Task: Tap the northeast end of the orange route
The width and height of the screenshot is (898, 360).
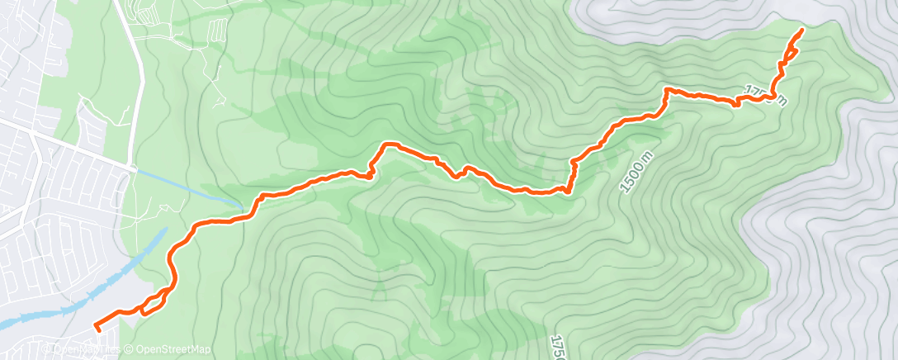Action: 802,30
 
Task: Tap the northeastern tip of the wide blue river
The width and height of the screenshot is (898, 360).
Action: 166,232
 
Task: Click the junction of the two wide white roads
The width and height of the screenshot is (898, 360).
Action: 134,168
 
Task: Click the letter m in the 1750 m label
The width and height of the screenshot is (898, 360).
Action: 780,101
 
